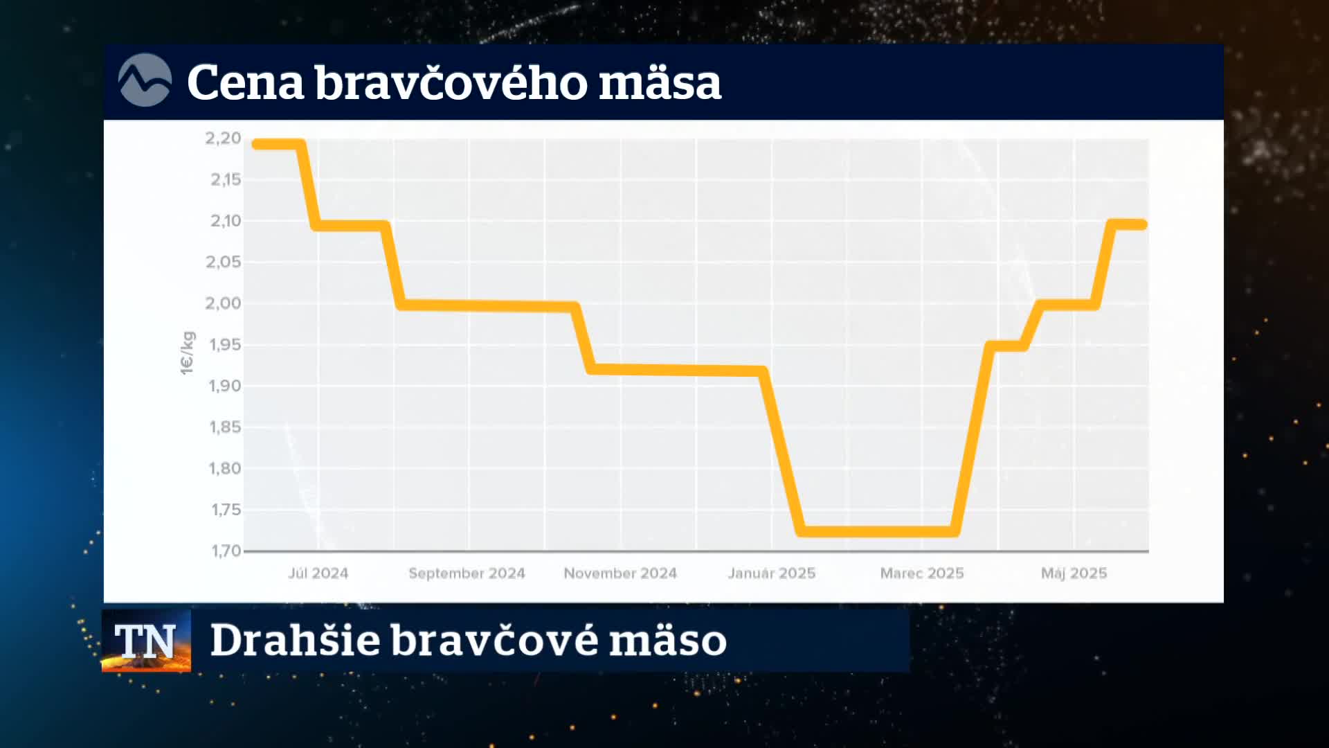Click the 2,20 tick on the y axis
(x=223, y=139)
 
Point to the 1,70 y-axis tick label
(x=225, y=551)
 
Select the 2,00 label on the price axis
(x=223, y=303)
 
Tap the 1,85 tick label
(x=225, y=427)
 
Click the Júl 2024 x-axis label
(x=318, y=573)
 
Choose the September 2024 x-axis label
(x=467, y=573)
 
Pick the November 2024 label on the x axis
(x=620, y=573)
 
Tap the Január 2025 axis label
(x=772, y=573)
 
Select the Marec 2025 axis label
(x=922, y=573)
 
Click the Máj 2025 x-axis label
(x=1074, y=573)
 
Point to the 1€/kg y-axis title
(x=188, y=353)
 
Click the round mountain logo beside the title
(x=145, y=80)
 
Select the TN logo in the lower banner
(x=146, y=641)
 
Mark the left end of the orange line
(x=255, y=144)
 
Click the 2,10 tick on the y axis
(x=226, y=221)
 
